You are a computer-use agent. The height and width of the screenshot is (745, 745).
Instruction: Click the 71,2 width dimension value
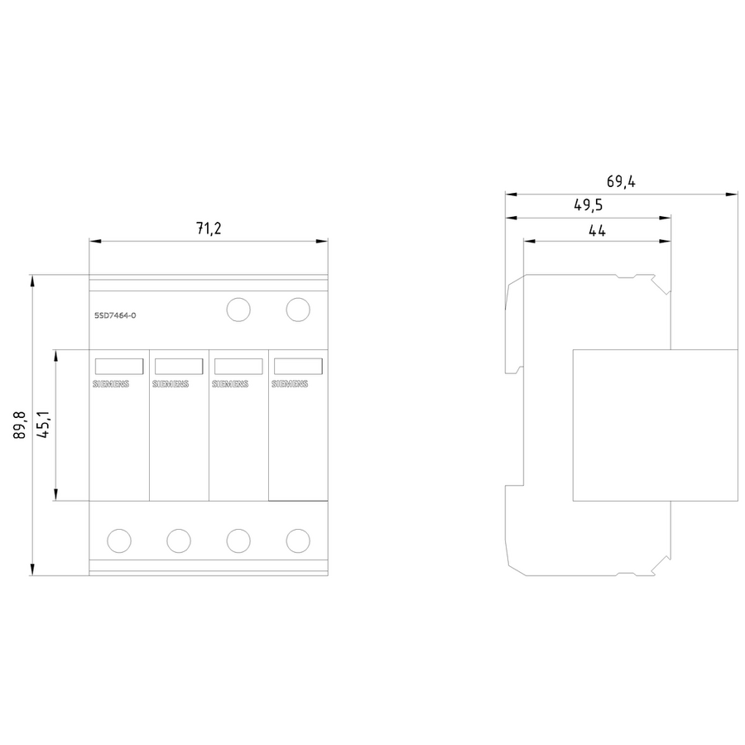pyautogui.click(x=209, y=228)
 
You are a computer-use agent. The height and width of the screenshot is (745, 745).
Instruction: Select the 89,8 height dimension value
pyautogui.click(x=20, y=425)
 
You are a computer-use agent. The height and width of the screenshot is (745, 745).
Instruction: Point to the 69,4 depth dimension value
pyautogui.click(x=621, y=181)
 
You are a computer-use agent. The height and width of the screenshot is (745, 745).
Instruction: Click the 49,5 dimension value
pyautogui.click(x=589, y=205)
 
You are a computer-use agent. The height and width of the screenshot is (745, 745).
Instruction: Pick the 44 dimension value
pyautogui.click(x=597, y=230)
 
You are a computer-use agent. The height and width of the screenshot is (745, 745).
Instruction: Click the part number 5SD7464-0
pyautogui.click(x=115, y=315)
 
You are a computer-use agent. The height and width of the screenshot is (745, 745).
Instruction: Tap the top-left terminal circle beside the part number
pyautogui.click(x=238, y=310)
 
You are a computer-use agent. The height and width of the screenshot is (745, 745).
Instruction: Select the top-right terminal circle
pyautogui.click(x=298, y=310)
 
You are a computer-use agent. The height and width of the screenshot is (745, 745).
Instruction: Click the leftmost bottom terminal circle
pyautogui.click(x=119, y=541)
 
